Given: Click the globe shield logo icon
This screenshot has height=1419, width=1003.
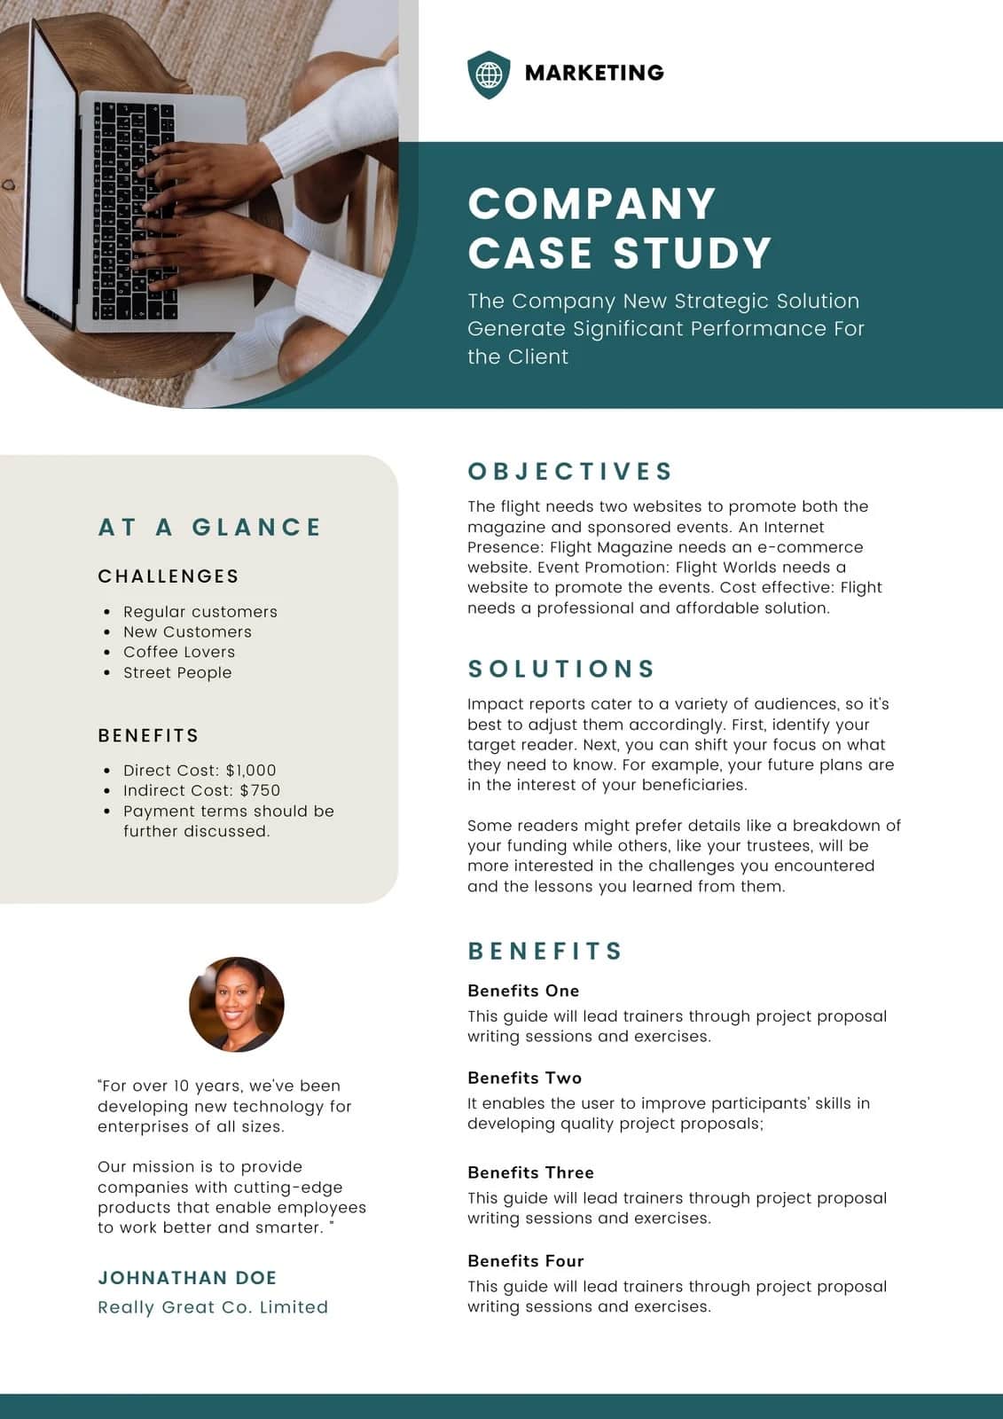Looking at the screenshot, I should point(489,74).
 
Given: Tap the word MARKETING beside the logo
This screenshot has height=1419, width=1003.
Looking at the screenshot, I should point(594,73).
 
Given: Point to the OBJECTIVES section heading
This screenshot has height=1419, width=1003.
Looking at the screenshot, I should point(570,471).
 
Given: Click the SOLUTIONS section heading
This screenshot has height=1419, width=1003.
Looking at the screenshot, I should point(561,669).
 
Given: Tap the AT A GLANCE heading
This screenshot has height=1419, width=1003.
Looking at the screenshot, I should point(209,527).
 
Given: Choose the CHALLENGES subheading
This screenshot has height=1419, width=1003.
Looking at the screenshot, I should point(168,576).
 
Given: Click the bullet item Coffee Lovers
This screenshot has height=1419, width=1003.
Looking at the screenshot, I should point(179,652).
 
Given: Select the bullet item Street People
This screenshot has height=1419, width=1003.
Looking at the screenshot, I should point(177,672).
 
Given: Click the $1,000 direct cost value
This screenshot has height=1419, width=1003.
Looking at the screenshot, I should point(251,770).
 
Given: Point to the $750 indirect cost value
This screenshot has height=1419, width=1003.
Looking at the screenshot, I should point(260,790).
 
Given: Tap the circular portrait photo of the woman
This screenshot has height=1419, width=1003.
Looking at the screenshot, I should point(237,1004).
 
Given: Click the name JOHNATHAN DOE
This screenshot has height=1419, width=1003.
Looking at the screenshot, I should point(187,1278).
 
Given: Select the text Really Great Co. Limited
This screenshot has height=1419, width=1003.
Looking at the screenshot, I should point(213,1307).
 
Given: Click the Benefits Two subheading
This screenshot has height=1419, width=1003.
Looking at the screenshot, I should point(524,1078).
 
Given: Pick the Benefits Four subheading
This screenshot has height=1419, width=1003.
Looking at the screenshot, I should point(525,1261).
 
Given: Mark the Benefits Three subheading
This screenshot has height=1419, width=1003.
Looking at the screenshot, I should point(530,1172).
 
